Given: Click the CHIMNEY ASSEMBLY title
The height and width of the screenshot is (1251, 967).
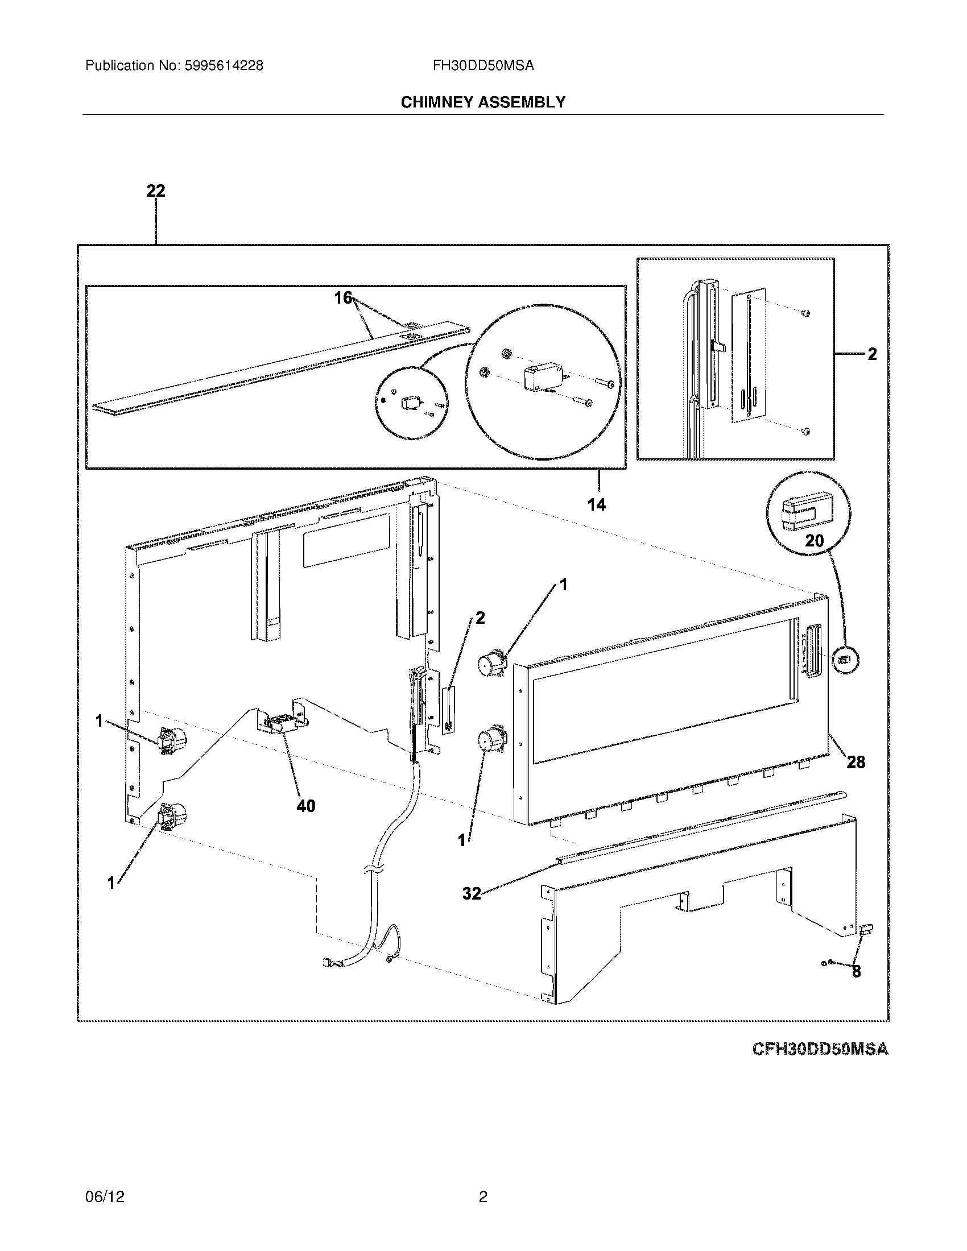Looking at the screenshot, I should pos(483,102).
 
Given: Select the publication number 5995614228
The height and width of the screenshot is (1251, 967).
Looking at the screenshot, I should pos(224,66).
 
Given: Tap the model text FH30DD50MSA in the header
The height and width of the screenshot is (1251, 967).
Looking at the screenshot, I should pos(483,66).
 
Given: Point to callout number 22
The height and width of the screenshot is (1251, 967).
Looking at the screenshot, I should pos(155,190).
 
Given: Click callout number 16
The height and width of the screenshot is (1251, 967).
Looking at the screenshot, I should pos(343,299).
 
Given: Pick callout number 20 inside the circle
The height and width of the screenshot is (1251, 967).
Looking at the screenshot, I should pos(814,540).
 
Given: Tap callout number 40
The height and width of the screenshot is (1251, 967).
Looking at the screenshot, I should pos(305,806).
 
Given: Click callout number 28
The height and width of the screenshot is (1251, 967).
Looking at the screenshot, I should pos(856,762).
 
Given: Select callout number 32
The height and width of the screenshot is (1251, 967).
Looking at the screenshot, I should pos(472,893).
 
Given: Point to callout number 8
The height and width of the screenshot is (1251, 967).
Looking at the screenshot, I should pos(856,971).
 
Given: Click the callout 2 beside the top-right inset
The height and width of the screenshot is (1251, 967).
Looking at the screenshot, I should pos(871,355).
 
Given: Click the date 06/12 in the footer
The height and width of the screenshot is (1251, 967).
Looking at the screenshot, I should pos(104,1196).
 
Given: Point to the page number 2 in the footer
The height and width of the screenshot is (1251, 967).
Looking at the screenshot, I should pos(483,1196).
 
